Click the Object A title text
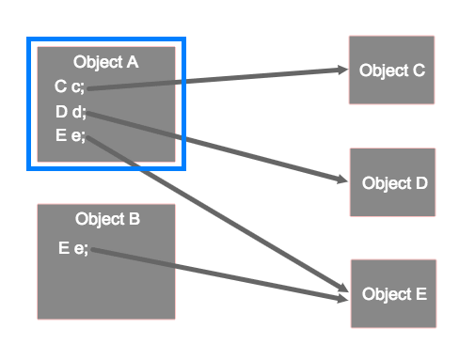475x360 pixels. pos(106,63)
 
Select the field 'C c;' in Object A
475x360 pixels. pos(70,87)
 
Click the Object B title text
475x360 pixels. pos(107,220)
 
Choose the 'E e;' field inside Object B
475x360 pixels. pos(73,248)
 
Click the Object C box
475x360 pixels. pos(391,70)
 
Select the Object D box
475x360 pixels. pos(392,182)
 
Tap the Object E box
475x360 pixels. pos(393,294)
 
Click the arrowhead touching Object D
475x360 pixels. pos(341,180)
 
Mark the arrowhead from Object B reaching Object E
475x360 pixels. pos(340,298)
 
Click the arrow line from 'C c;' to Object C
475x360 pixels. pos(216,79)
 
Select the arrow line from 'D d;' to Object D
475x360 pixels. pos(216,146)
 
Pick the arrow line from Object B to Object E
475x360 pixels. pos(216,274)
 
